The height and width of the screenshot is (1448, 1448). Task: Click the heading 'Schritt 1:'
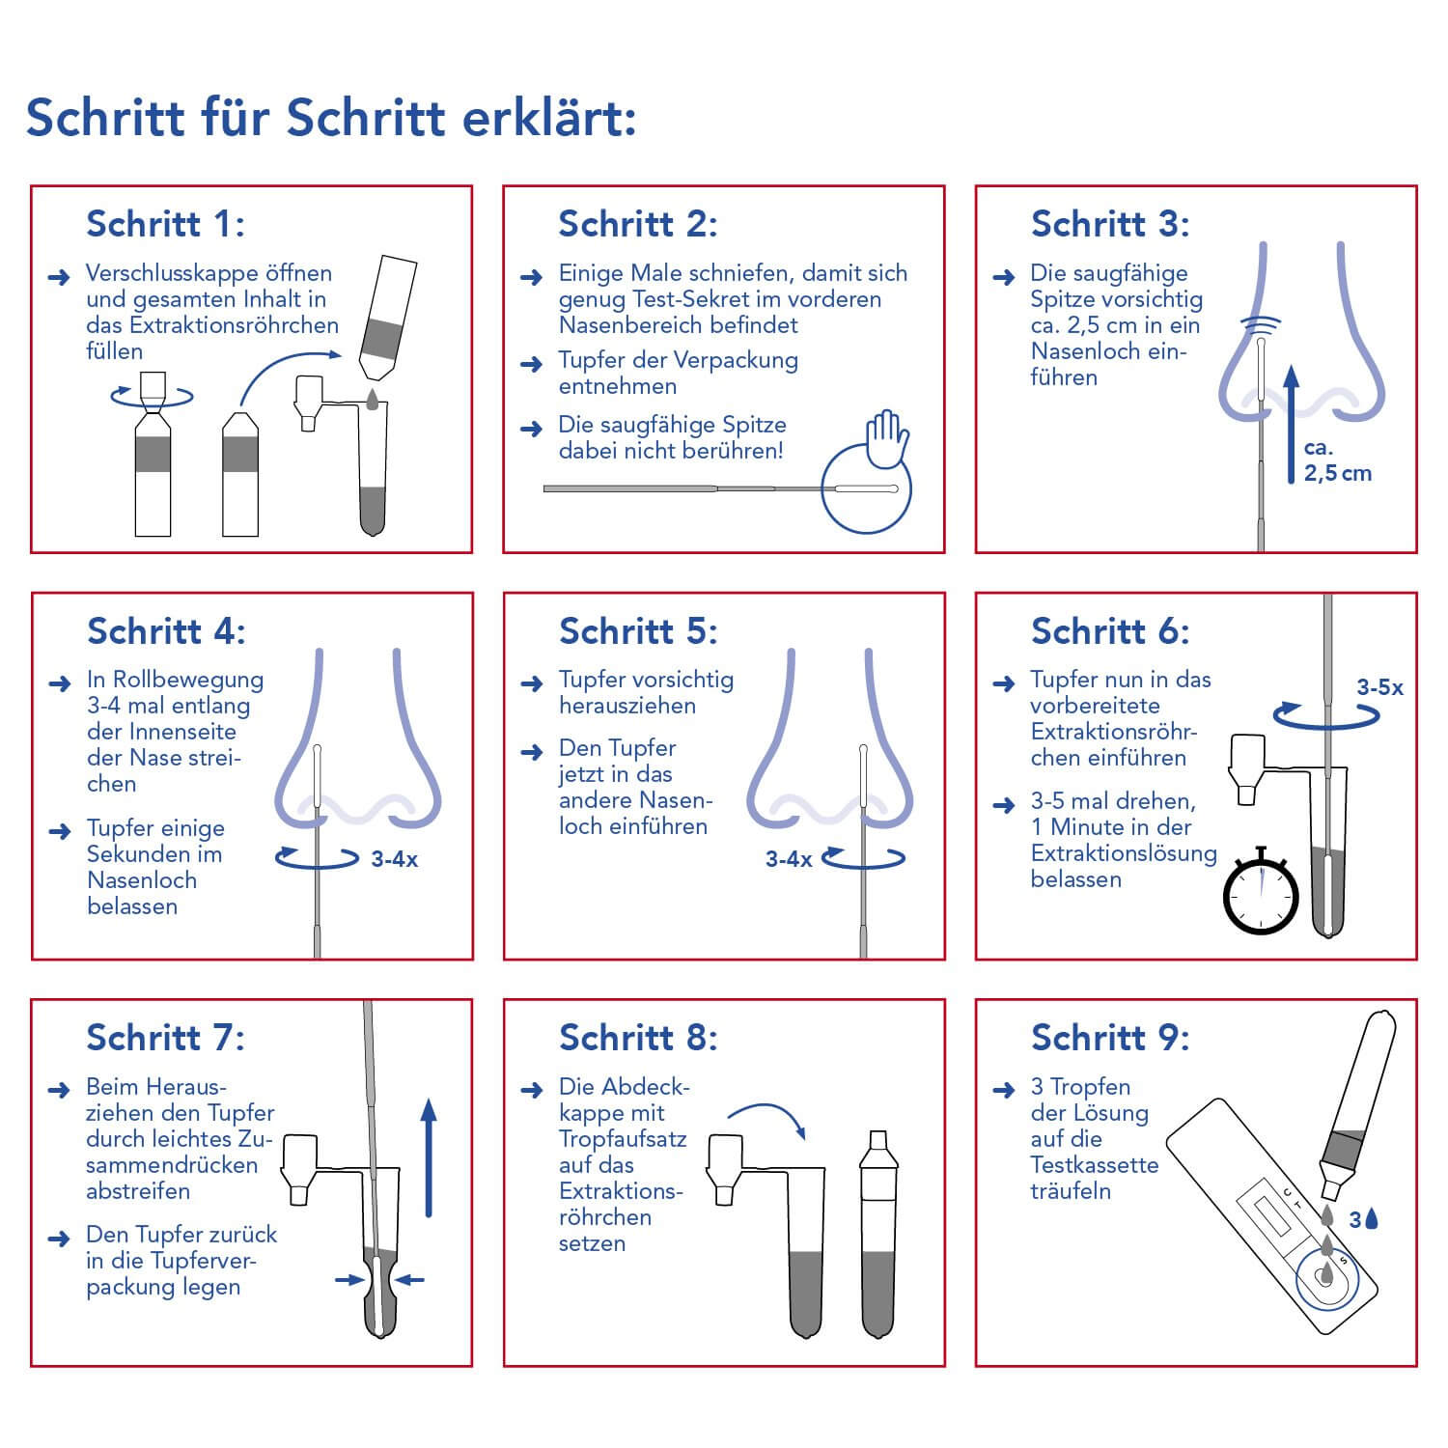click(x=165, y=224)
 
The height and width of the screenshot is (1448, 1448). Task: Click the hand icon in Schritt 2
click(x=887, y=437)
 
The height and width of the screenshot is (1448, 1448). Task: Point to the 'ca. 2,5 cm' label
click(x=1337, y=460)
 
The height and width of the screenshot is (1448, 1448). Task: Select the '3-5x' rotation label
click(x=1379, y=687)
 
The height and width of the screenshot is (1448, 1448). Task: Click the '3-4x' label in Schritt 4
click(x=394, y=859)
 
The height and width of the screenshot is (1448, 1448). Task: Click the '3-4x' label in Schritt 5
click(x=788, y=859)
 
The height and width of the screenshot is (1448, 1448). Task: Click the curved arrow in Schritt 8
click(x=767, y=1120)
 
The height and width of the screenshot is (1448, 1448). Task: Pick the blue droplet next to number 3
click(x=1372, y=1219)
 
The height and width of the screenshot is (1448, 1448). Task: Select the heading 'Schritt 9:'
click(x=1110, y=1038)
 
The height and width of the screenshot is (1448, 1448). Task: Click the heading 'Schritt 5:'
click(x=638, y=631)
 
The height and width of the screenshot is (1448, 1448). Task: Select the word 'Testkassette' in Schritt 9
click(x=1094, y=1165)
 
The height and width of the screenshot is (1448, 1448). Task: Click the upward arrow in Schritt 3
click(x=1292, y=425)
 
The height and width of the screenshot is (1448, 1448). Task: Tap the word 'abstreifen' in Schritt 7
click(x=138, y=1191)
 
